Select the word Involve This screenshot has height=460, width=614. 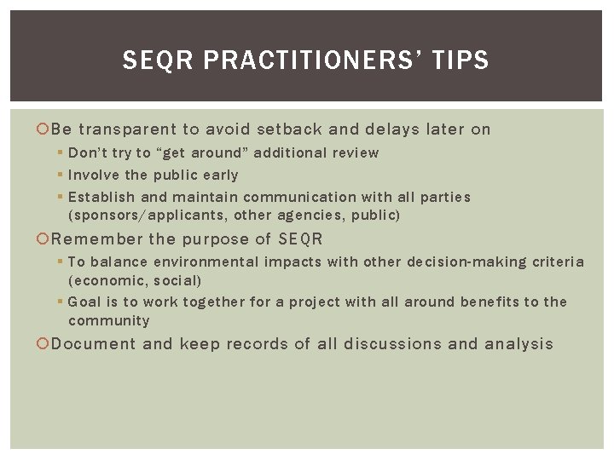[94, 175]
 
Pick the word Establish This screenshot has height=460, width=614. [100, 198]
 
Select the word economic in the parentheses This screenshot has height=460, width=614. [106, 280]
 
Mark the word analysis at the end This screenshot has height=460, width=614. [518, 344]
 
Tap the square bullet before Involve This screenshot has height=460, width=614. [61, 175]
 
